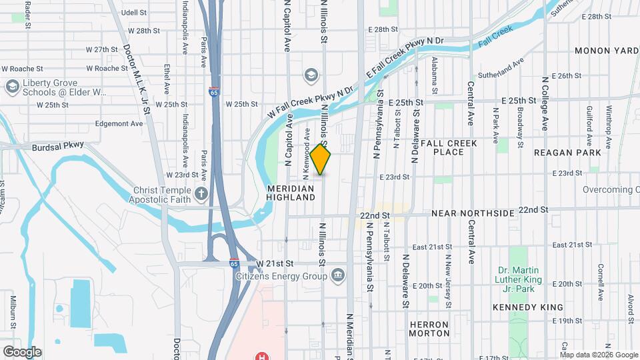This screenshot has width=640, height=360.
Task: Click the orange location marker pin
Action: coord(321,159)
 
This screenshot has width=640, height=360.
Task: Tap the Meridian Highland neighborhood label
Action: coord(291,193)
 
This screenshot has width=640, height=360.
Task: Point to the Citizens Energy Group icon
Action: coord(338,275)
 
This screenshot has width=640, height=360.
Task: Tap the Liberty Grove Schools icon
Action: coord(11,87)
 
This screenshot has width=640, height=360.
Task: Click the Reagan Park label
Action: coord(567,153)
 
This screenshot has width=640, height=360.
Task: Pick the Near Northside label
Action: coord(473,213)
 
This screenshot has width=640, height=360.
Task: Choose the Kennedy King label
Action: coord(527,307)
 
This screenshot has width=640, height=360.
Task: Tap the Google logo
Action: coord(22,351)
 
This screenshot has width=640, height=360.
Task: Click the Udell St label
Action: coord(133,12)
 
